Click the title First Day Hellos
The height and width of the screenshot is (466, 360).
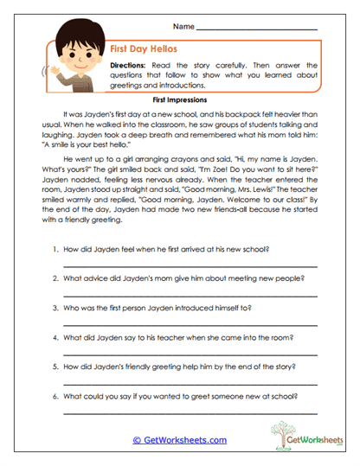point(144,51)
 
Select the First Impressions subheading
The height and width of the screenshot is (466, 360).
point(180,99)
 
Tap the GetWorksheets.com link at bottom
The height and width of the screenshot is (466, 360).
point(179,439)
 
